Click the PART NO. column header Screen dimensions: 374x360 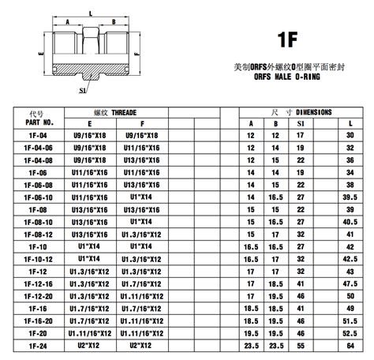point(38,122)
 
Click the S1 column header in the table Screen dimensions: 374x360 point(299,123)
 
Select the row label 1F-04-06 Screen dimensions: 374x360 point(38,147)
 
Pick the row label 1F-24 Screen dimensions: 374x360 point(38,345)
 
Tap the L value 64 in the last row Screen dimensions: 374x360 point(350,345)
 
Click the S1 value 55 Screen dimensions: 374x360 point(300,345)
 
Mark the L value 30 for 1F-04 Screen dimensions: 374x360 point(350,136)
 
